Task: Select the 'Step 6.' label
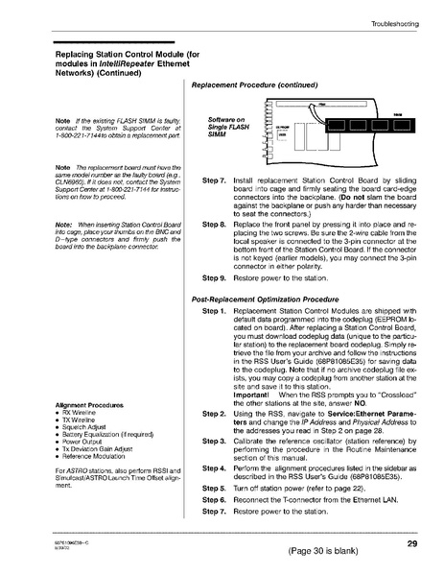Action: point(214,500)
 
